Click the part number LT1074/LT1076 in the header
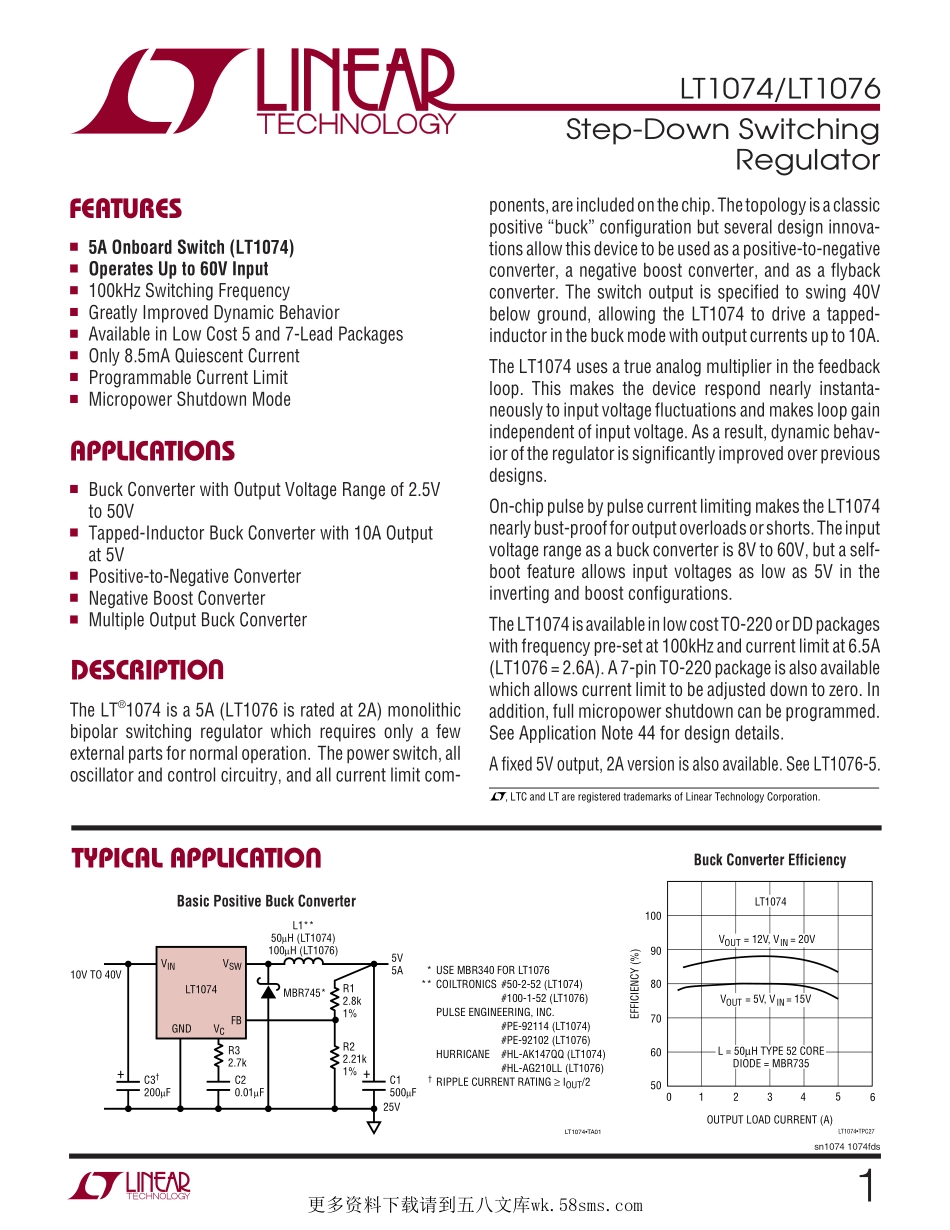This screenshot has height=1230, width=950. pos(780,90)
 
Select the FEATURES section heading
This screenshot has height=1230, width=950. pos(126,209)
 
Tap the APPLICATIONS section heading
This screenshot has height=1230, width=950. pos(152,451)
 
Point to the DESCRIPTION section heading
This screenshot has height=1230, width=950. pos(147,670)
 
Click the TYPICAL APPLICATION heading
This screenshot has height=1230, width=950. pos(196,859)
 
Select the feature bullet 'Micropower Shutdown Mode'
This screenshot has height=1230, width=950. pos(189,400)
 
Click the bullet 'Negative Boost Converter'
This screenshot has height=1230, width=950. pos(177,599)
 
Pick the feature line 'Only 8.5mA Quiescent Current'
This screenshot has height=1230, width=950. pos(193,356)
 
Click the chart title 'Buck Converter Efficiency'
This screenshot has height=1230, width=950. pos(769,860)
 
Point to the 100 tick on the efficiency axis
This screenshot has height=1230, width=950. pos(653,916)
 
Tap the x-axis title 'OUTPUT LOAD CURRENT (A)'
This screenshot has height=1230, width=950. pos(769,1120)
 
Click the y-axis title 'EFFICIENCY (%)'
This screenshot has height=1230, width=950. pos(634,985)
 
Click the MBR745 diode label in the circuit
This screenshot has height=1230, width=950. pos(304,993)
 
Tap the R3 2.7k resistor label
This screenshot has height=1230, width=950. pos(236,1056)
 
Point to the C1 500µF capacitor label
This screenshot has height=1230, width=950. pos(400,1086)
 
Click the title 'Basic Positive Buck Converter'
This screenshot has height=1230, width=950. pos(266,902)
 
